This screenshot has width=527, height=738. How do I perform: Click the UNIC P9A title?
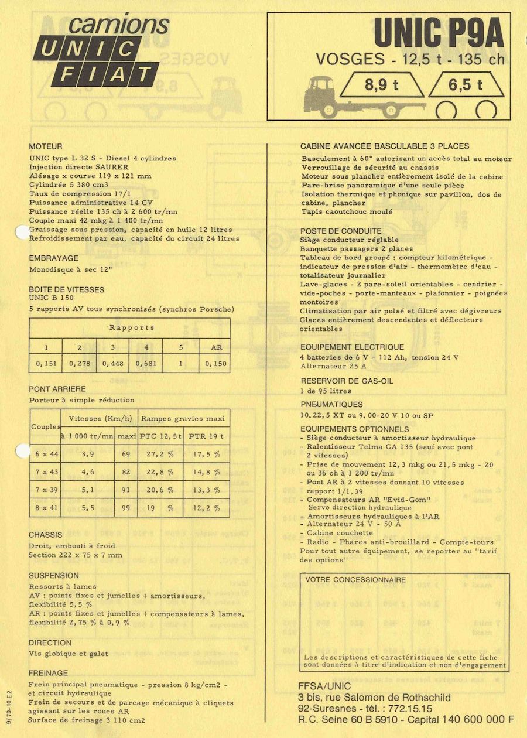click(439, 33)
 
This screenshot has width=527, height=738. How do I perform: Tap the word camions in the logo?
click(119, 25)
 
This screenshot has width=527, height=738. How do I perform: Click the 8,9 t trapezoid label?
click(382, 85)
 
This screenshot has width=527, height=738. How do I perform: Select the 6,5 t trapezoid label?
click(466, 85)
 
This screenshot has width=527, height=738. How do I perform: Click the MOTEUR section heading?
click(46, 146)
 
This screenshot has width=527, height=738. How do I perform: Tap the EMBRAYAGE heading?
click(53, 258)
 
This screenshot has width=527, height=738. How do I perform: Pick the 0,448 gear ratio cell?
click(113, 363)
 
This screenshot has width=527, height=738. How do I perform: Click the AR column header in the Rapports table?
click(217, 347)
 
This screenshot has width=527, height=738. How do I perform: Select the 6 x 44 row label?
click(46, 454)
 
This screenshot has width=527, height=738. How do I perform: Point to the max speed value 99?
click(126, 508)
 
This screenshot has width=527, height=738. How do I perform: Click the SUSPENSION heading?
click(54, 576)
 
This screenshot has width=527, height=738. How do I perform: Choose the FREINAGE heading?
click(49, 673)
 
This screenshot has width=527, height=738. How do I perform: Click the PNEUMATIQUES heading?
click(331, 404)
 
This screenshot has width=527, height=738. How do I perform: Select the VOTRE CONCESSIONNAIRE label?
click(355, 580)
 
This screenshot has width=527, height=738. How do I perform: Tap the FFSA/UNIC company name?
click(324, 686)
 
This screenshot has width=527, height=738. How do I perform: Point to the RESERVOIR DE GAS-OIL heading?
click(347, 381)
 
